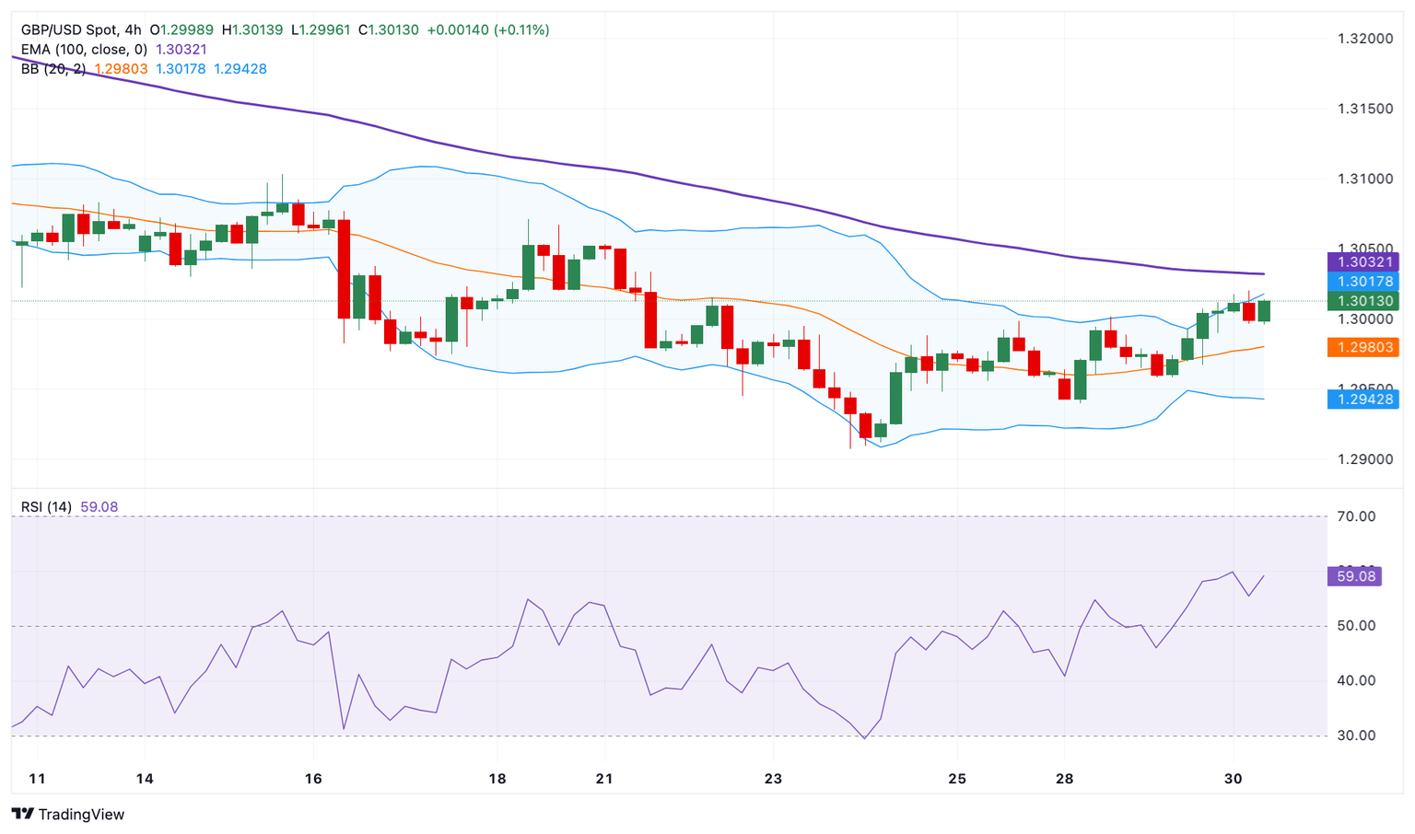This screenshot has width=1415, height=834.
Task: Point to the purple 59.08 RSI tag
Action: click(1353, 576)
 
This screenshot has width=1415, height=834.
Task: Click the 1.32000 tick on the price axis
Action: click(1365, 39)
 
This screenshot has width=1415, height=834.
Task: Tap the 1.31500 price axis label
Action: click(1365, 109)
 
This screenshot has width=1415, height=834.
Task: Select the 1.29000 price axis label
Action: click(1365, 459)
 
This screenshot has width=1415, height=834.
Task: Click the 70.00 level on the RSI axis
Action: click(1356, 516)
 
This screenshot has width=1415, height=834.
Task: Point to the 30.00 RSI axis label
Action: click(1356, 736)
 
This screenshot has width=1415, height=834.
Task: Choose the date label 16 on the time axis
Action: click(313, 779)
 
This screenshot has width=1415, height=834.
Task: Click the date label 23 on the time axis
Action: click(773, 779)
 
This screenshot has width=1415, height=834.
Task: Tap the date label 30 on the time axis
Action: click(1233, 779)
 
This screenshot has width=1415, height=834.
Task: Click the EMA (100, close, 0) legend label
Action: click(84, 50)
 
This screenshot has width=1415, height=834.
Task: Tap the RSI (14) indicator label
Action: click(46, 507)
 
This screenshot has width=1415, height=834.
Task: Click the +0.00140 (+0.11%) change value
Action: click(487, 30)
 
